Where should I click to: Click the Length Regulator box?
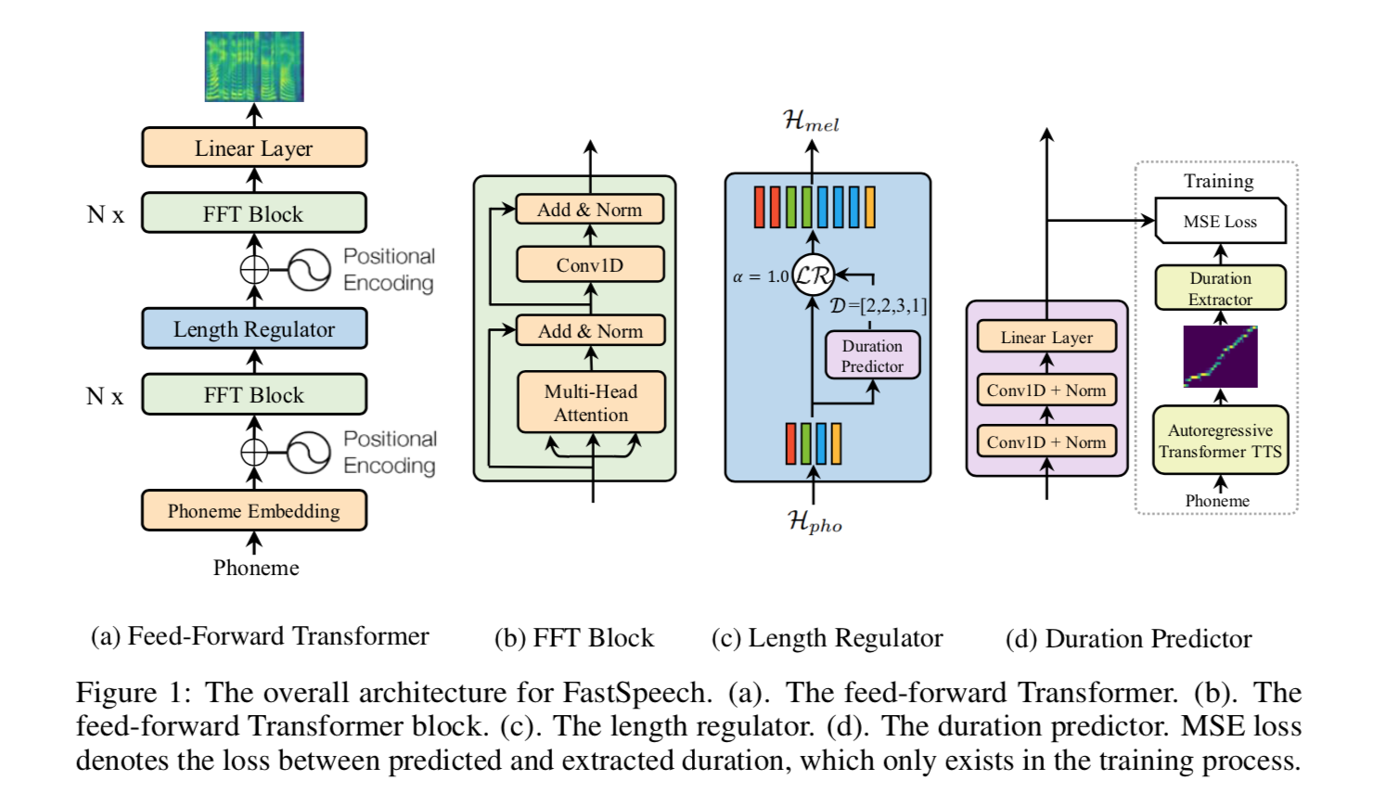[x=253, y=329]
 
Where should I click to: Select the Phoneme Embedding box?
[x=253, y=511]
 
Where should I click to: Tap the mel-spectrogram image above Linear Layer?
[x=254, y=67]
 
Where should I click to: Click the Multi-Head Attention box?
[x=591, y=403]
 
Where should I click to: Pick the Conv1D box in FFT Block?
[x=590, y=264]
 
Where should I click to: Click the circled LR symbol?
[x=813, y=275]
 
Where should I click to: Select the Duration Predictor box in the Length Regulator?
[x=872, y=356]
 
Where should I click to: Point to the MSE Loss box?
[x=1220, y=222]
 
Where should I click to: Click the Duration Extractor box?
[x=1220, y=288]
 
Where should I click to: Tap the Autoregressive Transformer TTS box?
[x=1220, y=441]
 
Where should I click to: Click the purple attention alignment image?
[x=1220, y=356]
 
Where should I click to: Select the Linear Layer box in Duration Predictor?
[x=1047, y=338]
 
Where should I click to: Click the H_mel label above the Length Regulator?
[x=811, y=122]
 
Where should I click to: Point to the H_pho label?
[x=815, y=523]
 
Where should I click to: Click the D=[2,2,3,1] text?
[x=878, y=305]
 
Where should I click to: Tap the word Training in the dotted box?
[x=1218, y=181]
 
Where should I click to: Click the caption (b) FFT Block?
[x=573, y=638]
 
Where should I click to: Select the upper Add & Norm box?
[x=590, y=210]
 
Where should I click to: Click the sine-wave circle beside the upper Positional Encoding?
[x=309, y=270]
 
